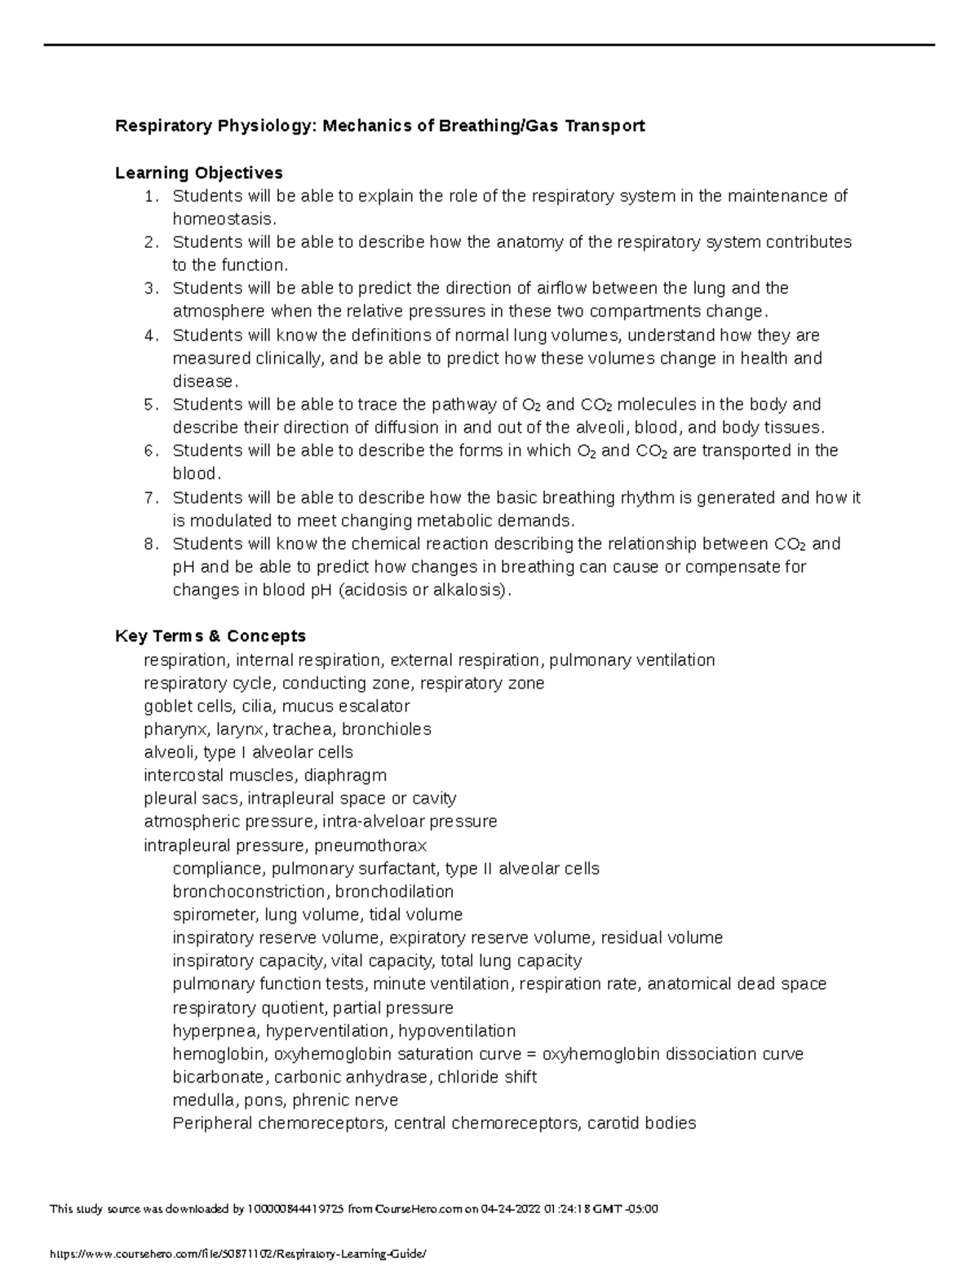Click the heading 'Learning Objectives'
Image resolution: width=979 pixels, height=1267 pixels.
199,173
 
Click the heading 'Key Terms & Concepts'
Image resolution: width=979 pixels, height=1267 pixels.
210,636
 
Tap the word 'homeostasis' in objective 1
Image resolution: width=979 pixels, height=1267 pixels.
223,219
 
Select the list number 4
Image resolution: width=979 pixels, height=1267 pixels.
149,335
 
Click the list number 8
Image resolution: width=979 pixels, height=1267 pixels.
149,544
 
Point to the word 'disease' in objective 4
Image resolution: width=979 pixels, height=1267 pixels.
202,382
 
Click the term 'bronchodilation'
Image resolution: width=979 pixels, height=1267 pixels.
394,892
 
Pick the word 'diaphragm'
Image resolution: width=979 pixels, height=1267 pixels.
345,775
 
